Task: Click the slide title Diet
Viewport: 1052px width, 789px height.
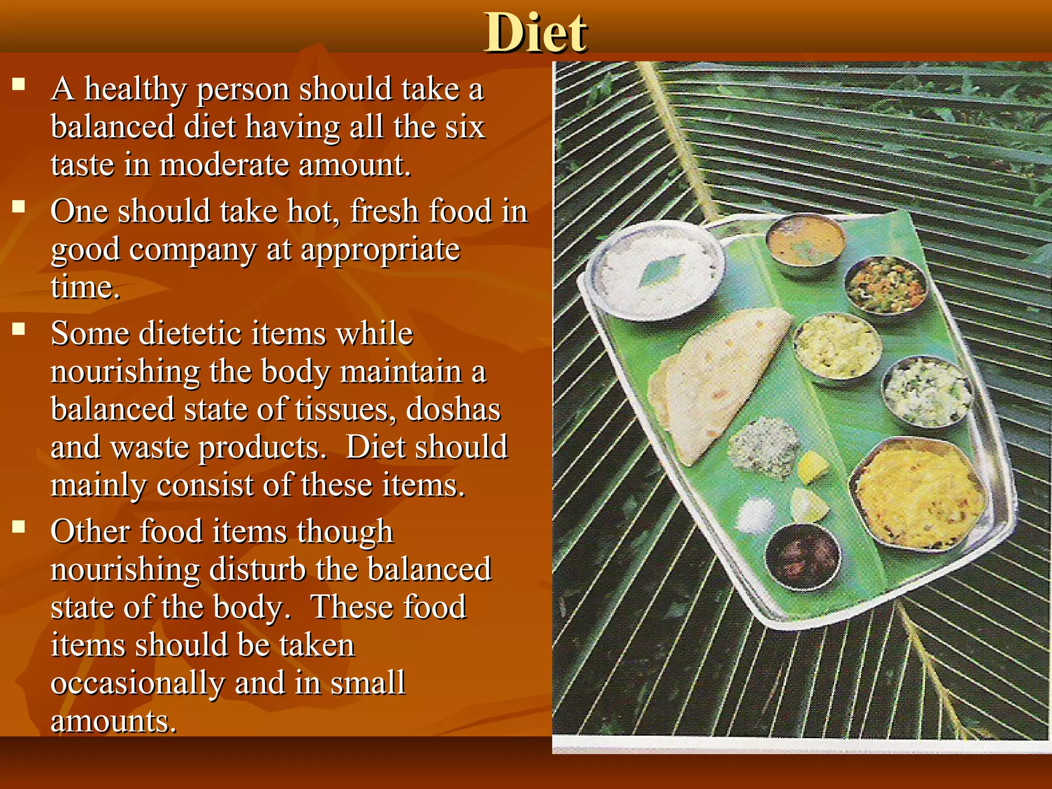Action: (535, 33)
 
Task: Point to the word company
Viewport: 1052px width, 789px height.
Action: (192, 251)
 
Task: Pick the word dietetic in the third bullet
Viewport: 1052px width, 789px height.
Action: (191, 334)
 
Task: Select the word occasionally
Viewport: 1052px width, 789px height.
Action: (138, 683)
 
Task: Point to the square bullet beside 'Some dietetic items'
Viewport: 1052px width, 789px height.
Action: (19, 329)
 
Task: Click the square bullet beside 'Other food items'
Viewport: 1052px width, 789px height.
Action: (19, 527)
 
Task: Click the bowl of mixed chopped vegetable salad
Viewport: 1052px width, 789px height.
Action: (886, 285)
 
